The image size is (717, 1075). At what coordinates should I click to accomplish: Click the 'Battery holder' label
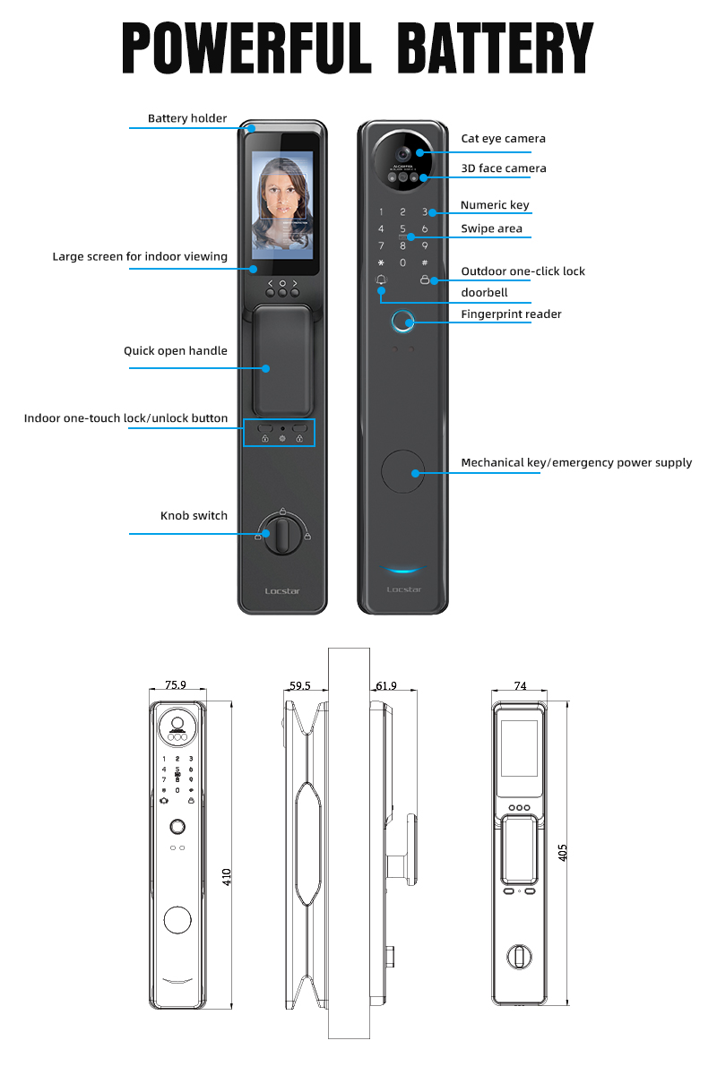pos(187,118)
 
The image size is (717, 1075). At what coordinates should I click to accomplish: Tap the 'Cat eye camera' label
pos(503,138)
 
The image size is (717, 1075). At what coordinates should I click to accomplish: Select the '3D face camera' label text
pos(503,168)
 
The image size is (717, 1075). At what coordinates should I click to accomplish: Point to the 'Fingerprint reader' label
pos(511,314)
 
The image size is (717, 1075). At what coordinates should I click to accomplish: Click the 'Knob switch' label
pos(194,515)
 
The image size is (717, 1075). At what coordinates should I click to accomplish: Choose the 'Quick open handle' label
pos(176,351)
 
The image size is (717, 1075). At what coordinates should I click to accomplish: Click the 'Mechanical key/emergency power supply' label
pos(576,463)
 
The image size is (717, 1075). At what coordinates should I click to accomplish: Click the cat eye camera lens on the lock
pos(403,153)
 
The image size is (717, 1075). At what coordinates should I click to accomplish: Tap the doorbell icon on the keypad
pos(381,280)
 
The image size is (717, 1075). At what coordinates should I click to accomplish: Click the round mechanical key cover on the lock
pos(403,471)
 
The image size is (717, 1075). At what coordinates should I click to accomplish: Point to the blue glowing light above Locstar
pos(403,569)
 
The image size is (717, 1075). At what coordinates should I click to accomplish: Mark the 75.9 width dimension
pos(176,685)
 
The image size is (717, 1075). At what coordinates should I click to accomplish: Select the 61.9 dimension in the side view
pos(386,685)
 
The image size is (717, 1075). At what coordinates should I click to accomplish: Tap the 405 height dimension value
pos(563,852)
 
